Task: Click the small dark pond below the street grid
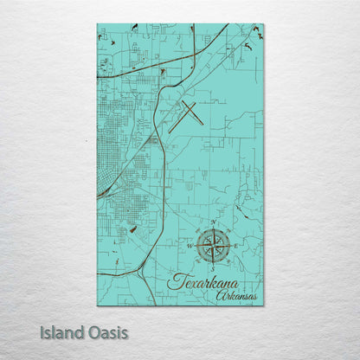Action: [x=132, y=229]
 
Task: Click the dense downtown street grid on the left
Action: [x=117, y=138]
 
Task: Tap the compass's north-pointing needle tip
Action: [x=212, y=232]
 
